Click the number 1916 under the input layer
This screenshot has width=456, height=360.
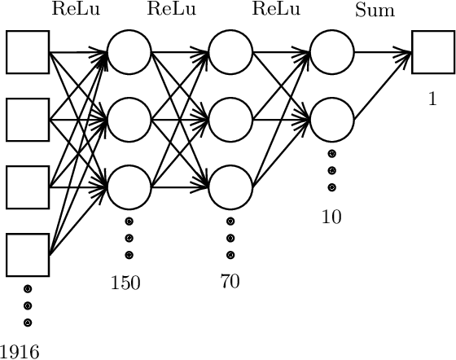(x=20, y=351)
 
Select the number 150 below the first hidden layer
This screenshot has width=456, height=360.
(x=126, y=283)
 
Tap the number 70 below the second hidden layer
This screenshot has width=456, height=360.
(x=230, y=282)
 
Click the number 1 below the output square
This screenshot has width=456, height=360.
(x=432, y=100)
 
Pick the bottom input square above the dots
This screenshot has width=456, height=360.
(x=28, y=255)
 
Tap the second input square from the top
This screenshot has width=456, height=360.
(x=28, y=120)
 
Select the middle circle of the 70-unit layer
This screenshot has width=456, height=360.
(x=230, y=120)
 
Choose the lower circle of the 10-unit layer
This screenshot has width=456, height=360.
(x=331, y=120)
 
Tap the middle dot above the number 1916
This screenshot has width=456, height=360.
(x=28, y=305)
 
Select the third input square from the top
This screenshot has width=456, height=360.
(x=28, y=187)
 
